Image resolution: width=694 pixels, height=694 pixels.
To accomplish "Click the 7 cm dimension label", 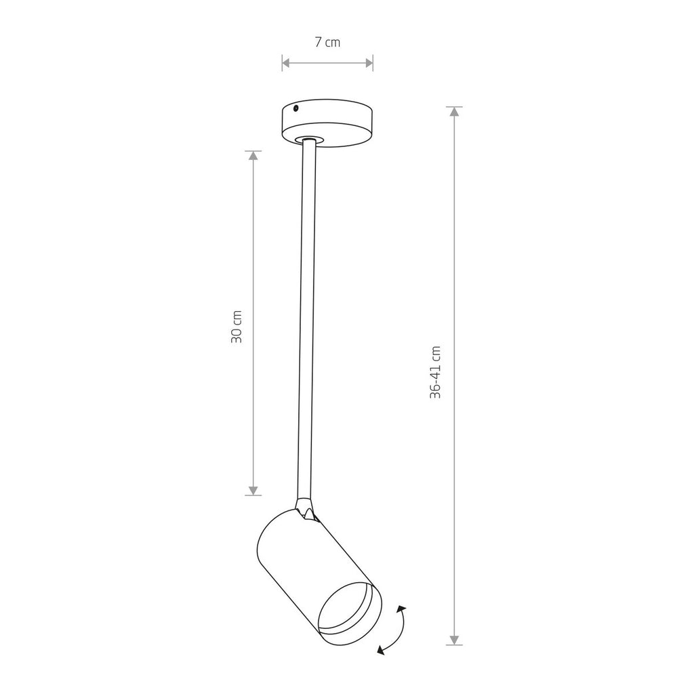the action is click(327, 43).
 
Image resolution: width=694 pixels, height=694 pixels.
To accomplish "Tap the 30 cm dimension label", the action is click(237, 327).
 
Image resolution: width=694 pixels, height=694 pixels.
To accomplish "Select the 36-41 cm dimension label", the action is click(436, 372).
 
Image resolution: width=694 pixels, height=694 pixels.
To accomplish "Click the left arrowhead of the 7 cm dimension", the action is click(286, 63).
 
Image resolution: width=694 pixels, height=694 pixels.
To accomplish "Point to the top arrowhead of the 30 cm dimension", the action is click(253, 155).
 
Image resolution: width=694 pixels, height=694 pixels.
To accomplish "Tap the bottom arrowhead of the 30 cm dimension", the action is click(253, 491).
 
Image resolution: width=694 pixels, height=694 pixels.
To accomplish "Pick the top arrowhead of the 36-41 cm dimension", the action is click(454, 112).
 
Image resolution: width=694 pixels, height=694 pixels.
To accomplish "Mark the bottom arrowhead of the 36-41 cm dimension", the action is click(454, 640).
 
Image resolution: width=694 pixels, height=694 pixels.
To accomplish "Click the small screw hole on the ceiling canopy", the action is click(296, 108).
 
